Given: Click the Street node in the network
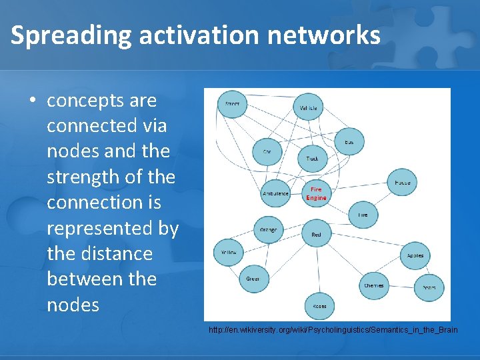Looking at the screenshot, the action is point(233,104).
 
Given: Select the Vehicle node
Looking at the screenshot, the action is point(308,107).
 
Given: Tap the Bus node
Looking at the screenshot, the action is point(349,142).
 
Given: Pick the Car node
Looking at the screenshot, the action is point(267,152).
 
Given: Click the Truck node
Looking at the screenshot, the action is point(312,159).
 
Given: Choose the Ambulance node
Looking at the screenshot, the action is point(275,193).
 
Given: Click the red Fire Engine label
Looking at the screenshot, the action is point(316,193).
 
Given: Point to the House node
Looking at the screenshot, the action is point(402,182).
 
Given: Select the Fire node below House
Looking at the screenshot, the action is point(363,215).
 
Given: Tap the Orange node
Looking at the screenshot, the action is point(268,230).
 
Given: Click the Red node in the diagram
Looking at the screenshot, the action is point(316,235).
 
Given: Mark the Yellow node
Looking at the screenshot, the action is point(229,252).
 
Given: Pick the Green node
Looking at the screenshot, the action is point(253,279).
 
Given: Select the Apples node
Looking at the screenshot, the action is point(415,255).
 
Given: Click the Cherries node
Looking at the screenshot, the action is point(374,285).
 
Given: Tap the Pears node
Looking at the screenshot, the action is point(428,287).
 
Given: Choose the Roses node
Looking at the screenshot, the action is point(319,306).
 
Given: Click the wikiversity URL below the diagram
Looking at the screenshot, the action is point(333,331).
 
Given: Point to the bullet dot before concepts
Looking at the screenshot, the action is point(31,101).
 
